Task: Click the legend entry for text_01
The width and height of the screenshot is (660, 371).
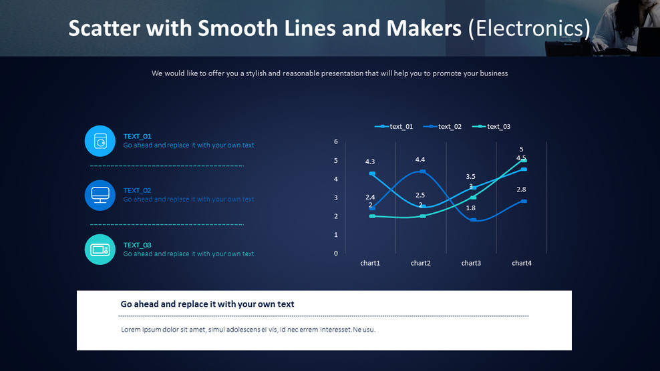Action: click(394, 127)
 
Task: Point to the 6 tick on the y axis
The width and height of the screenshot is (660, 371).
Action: click(336, 141)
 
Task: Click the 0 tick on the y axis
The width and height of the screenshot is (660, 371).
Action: click(336, 254)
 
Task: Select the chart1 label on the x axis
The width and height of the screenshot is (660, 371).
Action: click(370, 264)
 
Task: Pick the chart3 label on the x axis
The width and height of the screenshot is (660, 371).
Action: click(471, 264)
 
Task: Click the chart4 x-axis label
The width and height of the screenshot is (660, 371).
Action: click(522, 264)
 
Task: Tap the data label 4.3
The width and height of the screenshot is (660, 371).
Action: click(370, 161)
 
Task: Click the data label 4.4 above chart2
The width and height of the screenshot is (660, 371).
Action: click(420, 159)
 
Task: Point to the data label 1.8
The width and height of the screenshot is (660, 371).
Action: click(471, 208)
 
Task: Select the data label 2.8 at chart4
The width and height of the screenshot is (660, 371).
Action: click(522, 190)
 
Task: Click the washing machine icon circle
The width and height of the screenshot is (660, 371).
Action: click(100, 141)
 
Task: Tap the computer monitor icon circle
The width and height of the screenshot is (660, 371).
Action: click(100, 195)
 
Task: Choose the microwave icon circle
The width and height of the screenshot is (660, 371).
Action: click(100, 250)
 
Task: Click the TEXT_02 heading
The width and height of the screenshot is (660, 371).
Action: click(137, 190)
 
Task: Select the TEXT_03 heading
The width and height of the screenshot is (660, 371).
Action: click(137, 245)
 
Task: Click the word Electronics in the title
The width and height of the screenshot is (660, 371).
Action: click(529, 28)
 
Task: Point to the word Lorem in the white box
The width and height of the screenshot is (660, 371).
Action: click(131, 330)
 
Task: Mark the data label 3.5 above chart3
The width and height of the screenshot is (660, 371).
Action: click(471, 177)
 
